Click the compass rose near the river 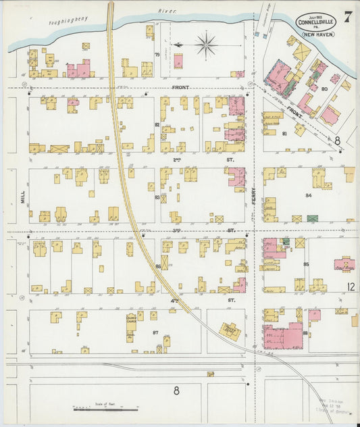point(205,45)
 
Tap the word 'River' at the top point(167,11)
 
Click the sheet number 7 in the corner point(347,16)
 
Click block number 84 point(308,195)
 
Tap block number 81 point(284,133)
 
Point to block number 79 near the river point(157,55)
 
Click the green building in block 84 point(312,218)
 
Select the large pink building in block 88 point(284,334)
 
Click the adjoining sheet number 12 point(351,287)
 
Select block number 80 point(324,89)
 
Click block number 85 point(306,263)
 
